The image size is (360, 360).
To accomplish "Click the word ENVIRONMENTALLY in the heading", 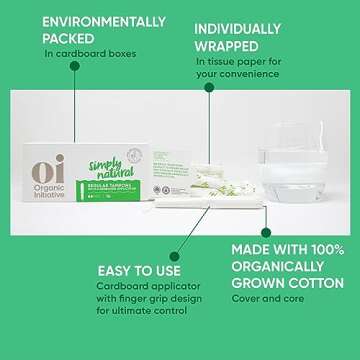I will pos(90,20).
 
